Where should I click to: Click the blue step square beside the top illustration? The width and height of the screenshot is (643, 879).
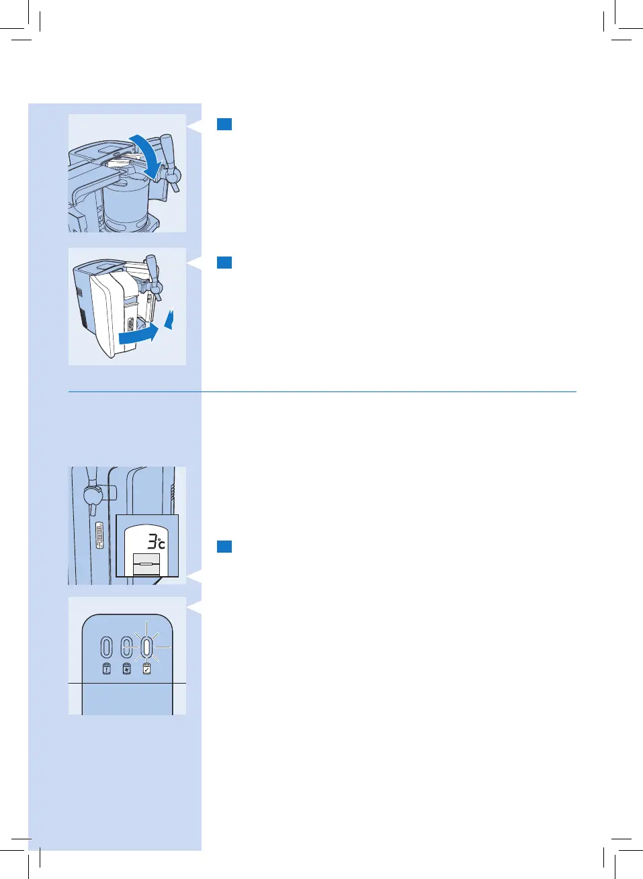pyautogui.click(x=224, y=124)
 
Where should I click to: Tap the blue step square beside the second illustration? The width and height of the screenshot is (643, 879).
pyautogui.click(x=224, y=263)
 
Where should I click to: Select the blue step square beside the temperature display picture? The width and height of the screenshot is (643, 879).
pyautogui.click(x=224, y=547)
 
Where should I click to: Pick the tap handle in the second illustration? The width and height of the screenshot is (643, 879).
pyautogui.click(x=153, y=269)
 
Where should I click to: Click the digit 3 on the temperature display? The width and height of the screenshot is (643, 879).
pyautogui.click(x=153, y=541)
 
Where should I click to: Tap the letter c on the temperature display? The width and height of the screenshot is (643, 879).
pyautogui.click(x=161, y=544)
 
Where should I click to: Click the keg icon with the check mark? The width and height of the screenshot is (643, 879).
pyautogui.click(x=146, y=669)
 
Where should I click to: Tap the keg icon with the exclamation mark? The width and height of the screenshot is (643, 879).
pyautogui.click(x=106, y=669)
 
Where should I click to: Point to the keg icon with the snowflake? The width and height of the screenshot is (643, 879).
pyautogui.click(x=126, y=669)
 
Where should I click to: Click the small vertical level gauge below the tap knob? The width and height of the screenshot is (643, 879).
pyautogui.click(x=100, y=536)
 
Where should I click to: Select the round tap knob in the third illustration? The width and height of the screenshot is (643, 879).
pyautogui.click(x=92, y=496)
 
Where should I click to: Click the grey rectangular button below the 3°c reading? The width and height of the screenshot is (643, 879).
pyautogui.click(x=147, y=565)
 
